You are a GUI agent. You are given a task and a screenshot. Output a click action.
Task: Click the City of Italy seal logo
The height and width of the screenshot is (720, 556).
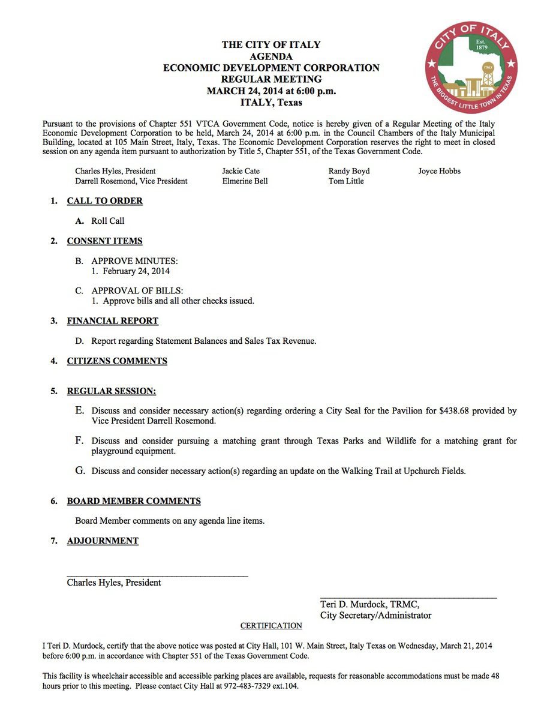[471, 67]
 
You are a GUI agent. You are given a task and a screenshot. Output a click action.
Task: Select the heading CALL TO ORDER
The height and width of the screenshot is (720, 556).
[104, 201]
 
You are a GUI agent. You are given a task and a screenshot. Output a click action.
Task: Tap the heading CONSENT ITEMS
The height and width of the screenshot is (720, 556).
[104, 241]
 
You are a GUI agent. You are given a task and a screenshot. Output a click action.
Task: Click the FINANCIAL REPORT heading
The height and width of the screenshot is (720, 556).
[112, 321]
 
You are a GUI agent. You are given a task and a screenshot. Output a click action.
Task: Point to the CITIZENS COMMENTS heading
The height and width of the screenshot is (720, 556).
[117, 361]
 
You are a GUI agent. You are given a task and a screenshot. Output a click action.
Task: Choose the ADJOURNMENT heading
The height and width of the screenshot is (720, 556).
[103, 541]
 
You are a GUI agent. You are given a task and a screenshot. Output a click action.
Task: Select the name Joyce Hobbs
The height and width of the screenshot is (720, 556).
[440, 171]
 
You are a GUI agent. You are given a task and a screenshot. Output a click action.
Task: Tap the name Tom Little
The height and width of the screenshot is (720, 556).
[346, 181]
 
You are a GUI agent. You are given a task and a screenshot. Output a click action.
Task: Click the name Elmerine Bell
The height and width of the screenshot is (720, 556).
[245, 181]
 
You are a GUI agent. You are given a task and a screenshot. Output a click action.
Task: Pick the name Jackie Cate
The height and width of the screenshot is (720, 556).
[241, 171]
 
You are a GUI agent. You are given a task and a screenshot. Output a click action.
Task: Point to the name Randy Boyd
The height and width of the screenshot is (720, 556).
[349, 171]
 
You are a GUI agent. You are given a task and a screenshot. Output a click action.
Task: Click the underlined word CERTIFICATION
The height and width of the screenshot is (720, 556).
[271, 626]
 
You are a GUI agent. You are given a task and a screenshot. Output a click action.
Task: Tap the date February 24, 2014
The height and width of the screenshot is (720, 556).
[136, 271]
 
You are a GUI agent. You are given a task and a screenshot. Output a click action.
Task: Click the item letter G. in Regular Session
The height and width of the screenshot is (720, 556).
[80, 470]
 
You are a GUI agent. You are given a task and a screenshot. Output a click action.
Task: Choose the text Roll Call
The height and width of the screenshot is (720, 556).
[108, 221]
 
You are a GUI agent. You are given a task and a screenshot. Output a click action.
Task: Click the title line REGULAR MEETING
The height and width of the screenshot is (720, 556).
[271, 79]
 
